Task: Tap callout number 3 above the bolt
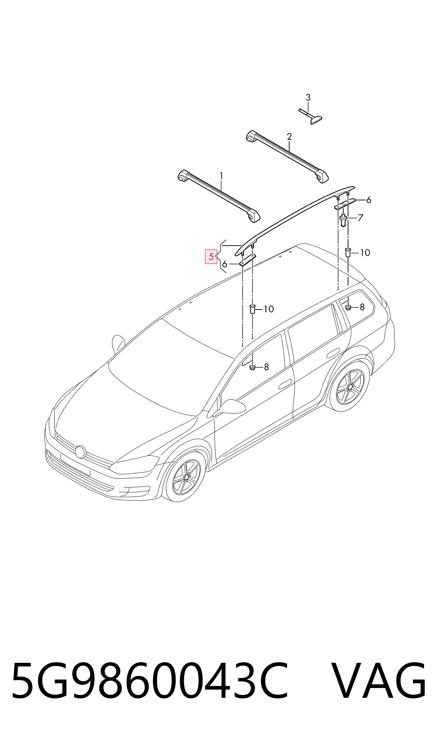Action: (x=308, y=97)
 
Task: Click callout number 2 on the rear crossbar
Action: (x=289, y=137)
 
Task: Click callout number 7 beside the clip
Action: (x=360, y=218)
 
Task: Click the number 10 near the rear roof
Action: (x=365, y=252)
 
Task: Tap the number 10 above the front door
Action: (x=269, y=309)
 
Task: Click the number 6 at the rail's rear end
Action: (x=368, y=200)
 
